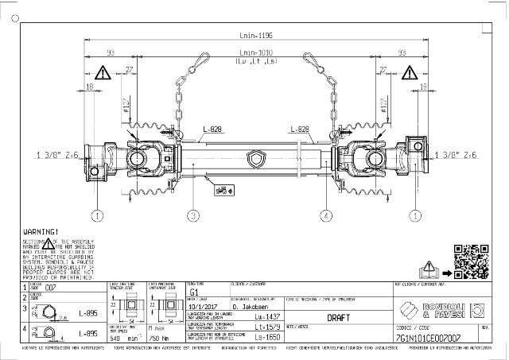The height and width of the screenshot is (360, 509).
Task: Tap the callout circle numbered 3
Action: [192, 215]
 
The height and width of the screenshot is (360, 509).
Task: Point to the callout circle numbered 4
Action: [324, 215]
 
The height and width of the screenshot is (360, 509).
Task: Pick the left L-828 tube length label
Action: [212, 129]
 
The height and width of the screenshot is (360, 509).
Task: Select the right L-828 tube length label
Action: [300, 129]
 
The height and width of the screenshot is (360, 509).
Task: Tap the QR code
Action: [469, 259]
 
